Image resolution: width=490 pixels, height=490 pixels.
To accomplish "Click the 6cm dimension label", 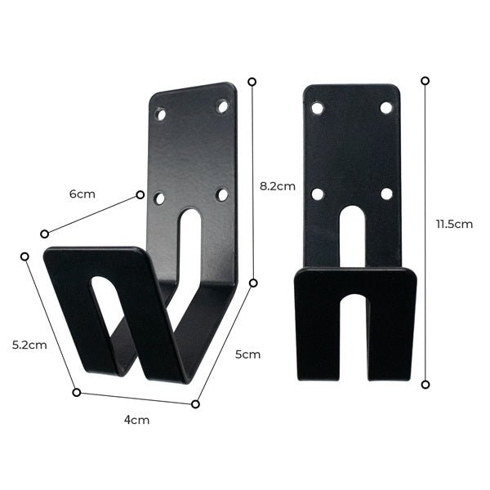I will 82,194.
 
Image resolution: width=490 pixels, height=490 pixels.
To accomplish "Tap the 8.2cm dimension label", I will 277,186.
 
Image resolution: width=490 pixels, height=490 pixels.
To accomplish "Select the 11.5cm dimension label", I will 454,224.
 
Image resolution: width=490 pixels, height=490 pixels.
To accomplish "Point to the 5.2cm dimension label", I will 29,345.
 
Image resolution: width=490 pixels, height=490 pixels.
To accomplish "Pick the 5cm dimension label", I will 247,354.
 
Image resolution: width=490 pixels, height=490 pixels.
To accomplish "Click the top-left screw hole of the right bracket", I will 317,108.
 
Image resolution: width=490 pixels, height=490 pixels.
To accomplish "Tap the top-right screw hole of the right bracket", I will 386,108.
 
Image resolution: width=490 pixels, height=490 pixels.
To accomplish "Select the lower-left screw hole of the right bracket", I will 317,194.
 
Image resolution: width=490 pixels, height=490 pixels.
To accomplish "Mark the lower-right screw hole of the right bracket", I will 386,194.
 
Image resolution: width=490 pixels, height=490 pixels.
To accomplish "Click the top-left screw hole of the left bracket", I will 161,114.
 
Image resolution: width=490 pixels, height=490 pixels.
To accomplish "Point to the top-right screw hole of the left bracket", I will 222,106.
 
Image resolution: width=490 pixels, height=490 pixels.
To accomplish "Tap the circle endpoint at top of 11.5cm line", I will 425,80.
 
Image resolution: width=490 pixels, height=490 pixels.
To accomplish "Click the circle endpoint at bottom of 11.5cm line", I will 425,384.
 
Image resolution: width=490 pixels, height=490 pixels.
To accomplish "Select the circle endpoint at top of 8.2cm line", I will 252,82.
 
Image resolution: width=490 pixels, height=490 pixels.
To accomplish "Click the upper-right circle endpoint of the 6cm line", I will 140,194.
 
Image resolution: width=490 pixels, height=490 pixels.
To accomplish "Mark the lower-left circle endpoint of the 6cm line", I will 44,234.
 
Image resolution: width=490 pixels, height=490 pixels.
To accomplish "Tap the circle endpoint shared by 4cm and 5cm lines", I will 195,403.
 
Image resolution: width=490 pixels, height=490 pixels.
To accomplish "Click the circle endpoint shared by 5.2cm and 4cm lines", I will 77,392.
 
